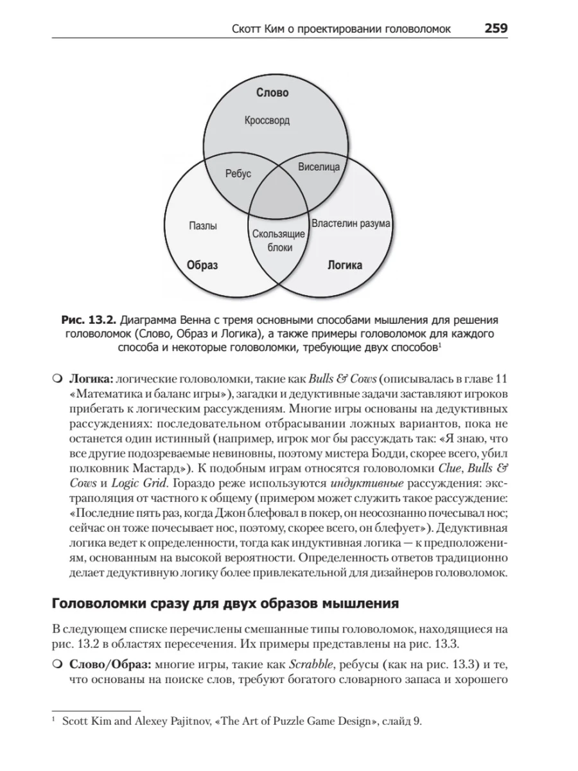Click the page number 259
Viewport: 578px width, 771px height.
coord(496,29)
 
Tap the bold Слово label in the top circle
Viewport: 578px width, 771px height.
coord(272,93)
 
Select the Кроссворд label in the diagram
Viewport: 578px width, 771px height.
coord(267,120)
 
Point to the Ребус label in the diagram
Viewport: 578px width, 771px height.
coord(238,174)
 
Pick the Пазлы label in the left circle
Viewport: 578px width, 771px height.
coord(203,226)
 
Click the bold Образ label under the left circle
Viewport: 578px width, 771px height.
coord(202,265)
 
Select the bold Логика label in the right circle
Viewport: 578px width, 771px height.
coord(345,265)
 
